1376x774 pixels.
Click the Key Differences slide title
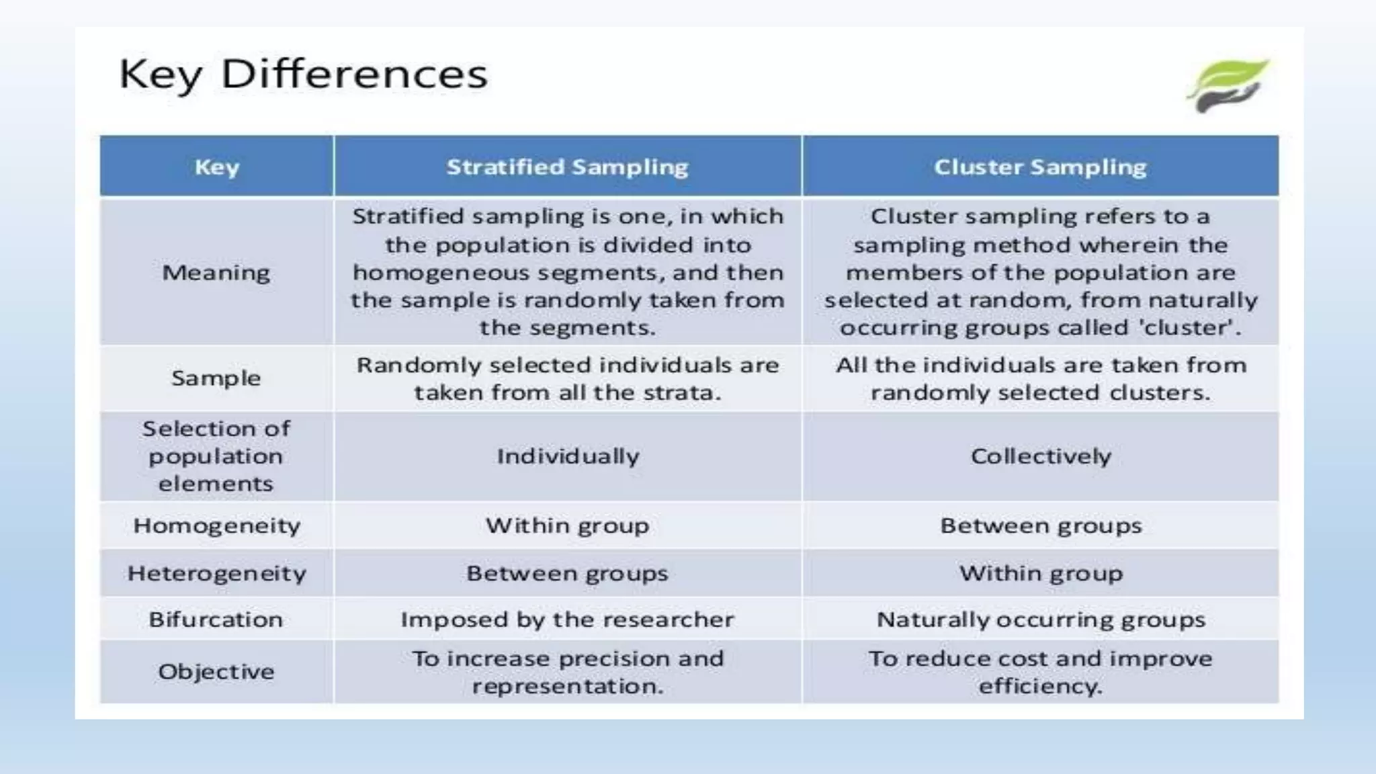click(x=303, y=74)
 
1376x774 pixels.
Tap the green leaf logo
click(x=1228, y=85)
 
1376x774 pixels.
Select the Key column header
click(x=216, y=167)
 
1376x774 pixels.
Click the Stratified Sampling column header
click(x=567, y=167)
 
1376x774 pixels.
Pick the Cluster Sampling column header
click(x=1040, y=167)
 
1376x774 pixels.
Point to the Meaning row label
click(x=216, y=273)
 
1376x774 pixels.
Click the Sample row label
click(x=216, y=378)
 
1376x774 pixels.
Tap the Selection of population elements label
click(x=216, y=456)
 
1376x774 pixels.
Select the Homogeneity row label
click(x=216, y=525)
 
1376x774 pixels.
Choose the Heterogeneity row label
click(x=216, y=574)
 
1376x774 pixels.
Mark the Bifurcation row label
click(x=216, y=619)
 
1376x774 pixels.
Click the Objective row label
click(x=216, y=672)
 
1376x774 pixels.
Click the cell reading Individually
click(x=568, y=457)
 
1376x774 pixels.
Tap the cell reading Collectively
click(x=1041, y=457)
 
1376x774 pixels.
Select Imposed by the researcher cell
click(x=568, y=619)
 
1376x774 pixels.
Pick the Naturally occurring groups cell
click(x=1041, y=619)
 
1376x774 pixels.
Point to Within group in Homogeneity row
click(x=568, y=525)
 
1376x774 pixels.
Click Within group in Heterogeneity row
click(x=1041, y=574)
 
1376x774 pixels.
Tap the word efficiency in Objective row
click(x=1039, y=687)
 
